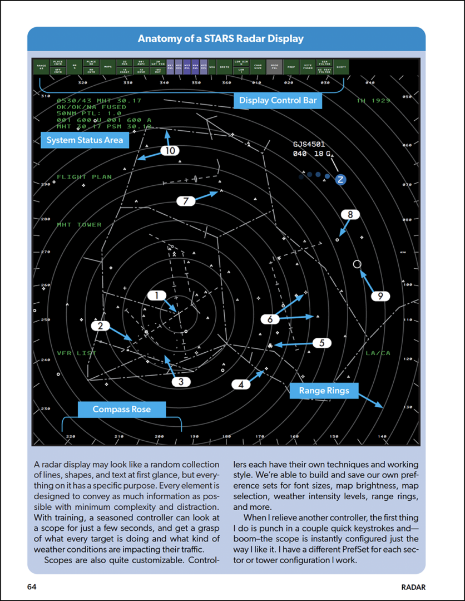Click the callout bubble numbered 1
coord(157,295)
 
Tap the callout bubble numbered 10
coord(170,151)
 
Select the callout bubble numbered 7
coord(186,201)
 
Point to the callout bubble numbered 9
coord(380,296)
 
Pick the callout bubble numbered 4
coord(241,384)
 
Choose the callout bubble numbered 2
coord(100,326)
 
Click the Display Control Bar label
coord(278,101)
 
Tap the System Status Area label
coord(85,140)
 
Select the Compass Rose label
coord(122,410)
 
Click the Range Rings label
coord(324,391)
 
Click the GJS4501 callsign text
coord(309,144)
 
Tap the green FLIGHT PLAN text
coord(84,177)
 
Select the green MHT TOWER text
coord(79,225)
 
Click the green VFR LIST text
coord(76,353)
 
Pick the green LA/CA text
coord(378,353)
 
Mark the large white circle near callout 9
coord(357,264)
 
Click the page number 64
coord(32,587)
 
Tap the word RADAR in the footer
coord(413,587)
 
